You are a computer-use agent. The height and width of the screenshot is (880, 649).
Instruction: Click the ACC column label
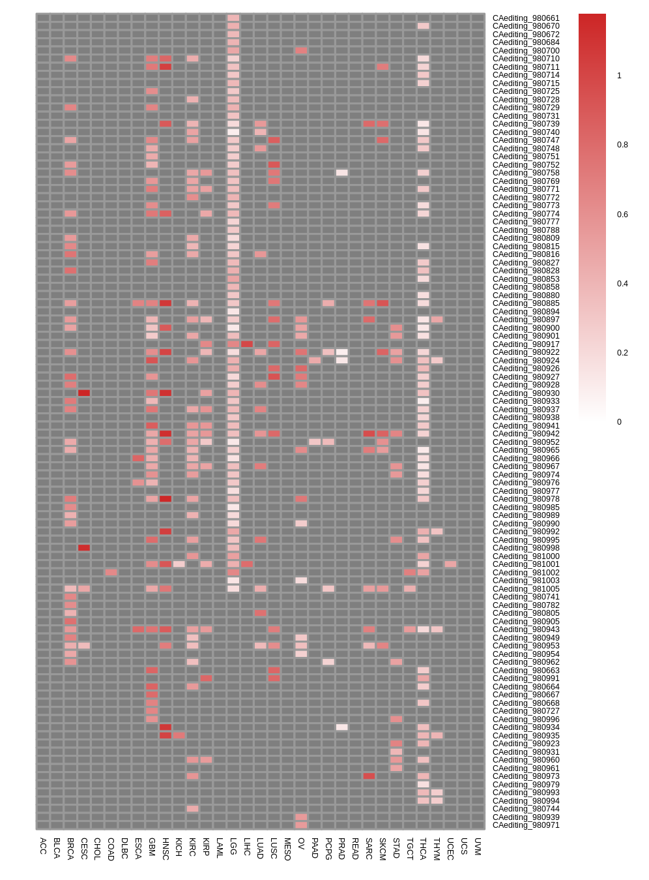tap(43, 845)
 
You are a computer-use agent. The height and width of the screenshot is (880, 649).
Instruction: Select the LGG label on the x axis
tap(233, 846)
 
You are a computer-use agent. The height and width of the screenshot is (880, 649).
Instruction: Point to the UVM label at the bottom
tap(478, 846)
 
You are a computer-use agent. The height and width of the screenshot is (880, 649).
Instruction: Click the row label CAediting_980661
tap(526, 18)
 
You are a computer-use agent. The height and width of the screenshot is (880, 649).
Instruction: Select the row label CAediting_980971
tap(526, 825)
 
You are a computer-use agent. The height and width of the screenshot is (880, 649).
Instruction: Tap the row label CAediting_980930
tap(526, 393)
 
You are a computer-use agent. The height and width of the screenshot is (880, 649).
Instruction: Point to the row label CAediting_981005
tap(526, 589)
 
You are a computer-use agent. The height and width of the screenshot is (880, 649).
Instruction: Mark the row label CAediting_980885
tap(526, 303)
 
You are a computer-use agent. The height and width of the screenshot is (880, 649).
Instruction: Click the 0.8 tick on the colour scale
tap(622, 145)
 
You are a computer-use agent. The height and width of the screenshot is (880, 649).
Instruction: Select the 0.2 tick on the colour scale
tap(622, 353)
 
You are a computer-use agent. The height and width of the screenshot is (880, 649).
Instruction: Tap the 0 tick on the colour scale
tap(619, 422)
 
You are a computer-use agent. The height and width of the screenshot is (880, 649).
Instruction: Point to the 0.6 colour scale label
tap(622, 215)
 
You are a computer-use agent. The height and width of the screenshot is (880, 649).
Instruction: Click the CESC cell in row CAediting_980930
tap(84, 393)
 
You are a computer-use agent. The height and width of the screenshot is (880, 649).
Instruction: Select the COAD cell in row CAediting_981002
tap(111, 572)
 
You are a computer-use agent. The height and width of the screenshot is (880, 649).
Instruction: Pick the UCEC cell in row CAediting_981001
tap(450, 564)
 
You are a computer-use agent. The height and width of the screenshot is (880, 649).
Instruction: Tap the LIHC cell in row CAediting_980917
tap(247, 344)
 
